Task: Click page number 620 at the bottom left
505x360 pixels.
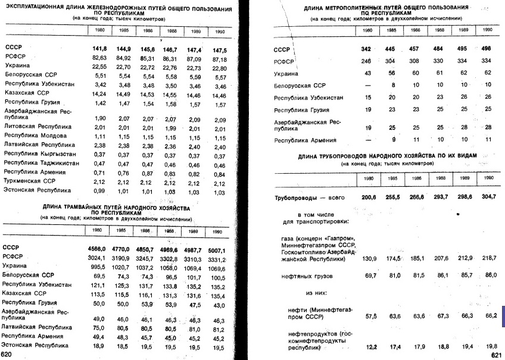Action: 9,355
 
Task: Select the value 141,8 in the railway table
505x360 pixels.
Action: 99,48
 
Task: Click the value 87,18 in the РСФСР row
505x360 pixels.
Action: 220,58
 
